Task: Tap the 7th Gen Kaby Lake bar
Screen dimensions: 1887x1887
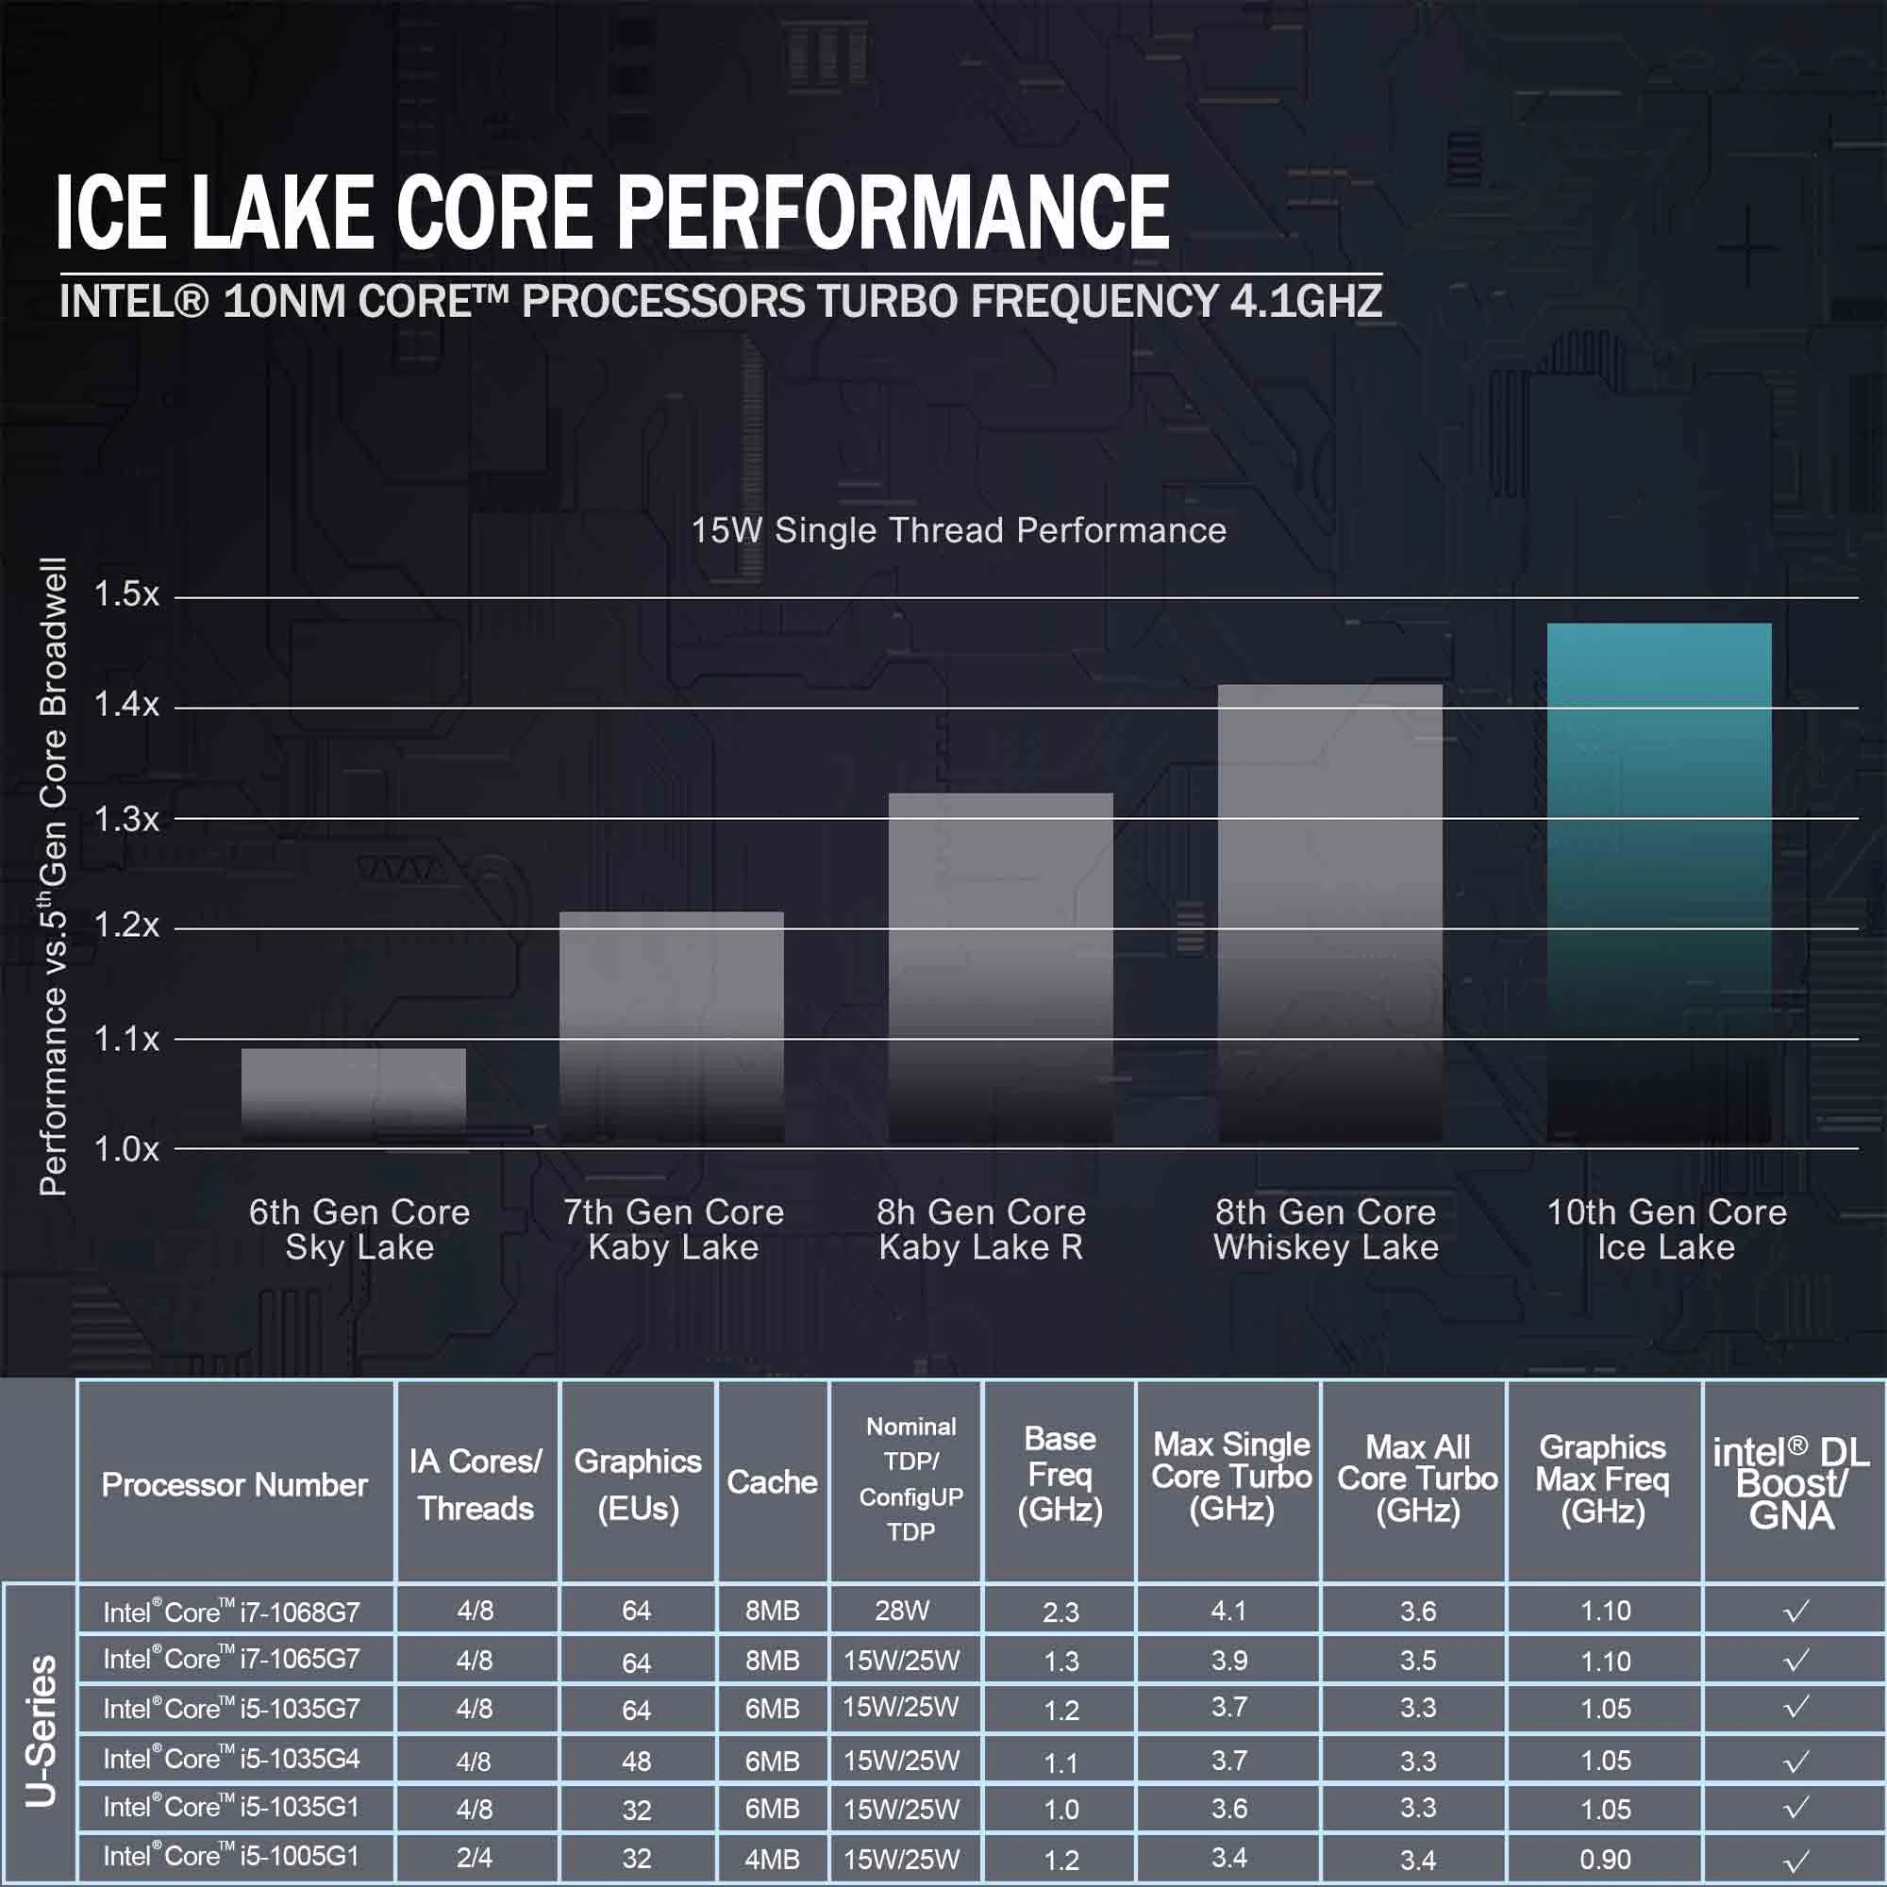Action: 671,1026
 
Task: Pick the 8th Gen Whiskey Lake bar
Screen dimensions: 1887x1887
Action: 1329,913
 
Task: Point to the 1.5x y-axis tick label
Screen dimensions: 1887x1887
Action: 126,593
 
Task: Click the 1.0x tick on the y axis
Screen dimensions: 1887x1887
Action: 126,1149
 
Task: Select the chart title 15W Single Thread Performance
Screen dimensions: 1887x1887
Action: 959,530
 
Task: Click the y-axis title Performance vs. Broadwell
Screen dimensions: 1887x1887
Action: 54,877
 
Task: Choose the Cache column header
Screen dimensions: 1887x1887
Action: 772,1481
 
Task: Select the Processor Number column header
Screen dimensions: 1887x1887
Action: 234,1484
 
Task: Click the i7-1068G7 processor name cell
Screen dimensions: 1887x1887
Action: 231,1611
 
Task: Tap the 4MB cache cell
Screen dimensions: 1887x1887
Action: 772,1859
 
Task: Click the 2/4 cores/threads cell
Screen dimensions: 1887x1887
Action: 475,1859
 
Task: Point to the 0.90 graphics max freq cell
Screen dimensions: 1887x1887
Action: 1605,1859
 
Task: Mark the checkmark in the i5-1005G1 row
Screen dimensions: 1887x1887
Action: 1795,1860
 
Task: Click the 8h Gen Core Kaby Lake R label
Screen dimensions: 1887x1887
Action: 980,1229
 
